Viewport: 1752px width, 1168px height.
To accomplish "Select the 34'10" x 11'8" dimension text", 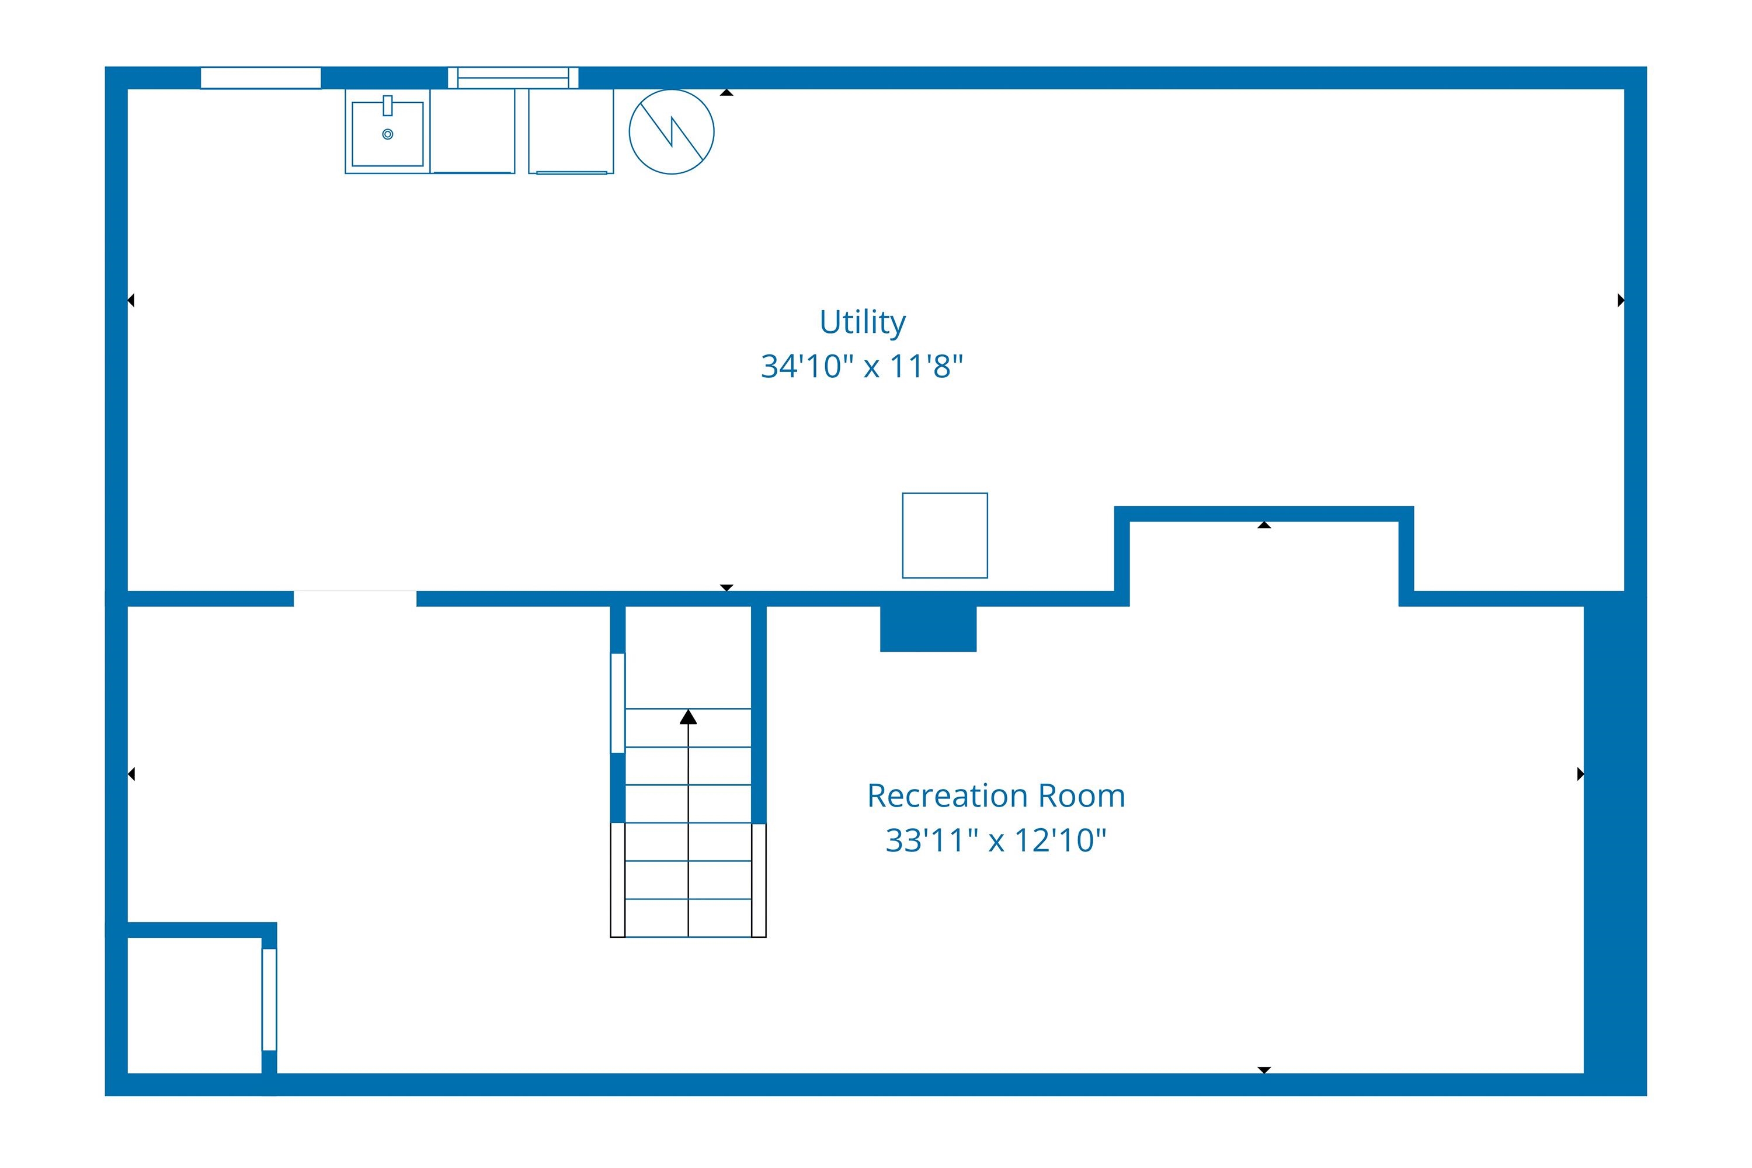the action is [x=862, y=367].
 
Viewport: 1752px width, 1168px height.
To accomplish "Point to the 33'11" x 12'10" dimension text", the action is [x=996, y=840].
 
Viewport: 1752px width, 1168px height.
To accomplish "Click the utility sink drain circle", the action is [x=387, y=134].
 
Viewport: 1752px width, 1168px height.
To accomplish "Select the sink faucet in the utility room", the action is [x=387, y=106].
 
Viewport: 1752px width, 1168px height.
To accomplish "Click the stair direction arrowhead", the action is [x=689, y=717].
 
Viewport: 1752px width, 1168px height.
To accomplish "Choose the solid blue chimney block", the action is [x=928, y=629].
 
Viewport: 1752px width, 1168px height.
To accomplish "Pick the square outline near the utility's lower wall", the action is [x=944, y=535].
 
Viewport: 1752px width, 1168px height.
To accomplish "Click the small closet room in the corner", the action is [x=194, y=1005].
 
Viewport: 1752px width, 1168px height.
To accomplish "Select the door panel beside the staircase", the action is [x=617, y=703].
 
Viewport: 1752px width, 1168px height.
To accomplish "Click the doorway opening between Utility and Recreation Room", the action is [x=354, y=599].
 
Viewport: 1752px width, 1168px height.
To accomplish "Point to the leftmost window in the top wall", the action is [x=260, y=78].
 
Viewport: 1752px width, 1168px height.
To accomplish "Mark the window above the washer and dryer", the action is [x=513, y=78].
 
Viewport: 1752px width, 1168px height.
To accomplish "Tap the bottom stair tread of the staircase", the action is [x=689, y=917].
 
